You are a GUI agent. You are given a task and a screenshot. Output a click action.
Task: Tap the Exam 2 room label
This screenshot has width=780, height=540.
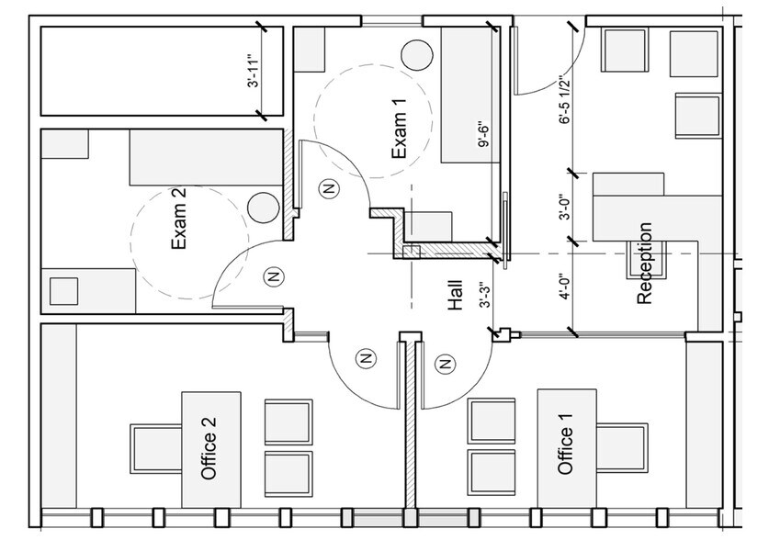(x=179, y=220)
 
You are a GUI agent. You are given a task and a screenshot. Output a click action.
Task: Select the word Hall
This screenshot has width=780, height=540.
(x=454, y=296)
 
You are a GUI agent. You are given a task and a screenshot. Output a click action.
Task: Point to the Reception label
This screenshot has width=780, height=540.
(x=645, y=264)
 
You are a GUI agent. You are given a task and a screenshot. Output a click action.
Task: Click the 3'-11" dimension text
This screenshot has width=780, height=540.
(x=254, y=72)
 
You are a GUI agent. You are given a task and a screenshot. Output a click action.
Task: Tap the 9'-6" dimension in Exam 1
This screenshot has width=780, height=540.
(x=480, y=135)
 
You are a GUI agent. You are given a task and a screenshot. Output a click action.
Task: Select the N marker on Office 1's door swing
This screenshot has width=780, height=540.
(x=446, y=365)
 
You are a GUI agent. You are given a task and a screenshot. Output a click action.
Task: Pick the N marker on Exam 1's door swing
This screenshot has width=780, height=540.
(x=327, y=188)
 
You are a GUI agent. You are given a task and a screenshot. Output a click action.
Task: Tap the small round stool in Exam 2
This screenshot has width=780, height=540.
(x=264, y=208)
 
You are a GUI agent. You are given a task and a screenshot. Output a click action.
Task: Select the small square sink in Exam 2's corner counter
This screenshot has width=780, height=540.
(x=64, y=290)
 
